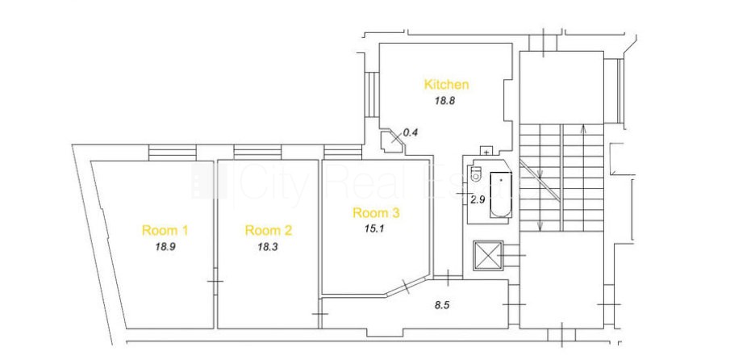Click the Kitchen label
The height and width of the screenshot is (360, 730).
pos(446,85)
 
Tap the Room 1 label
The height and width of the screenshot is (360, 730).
pos(165,230)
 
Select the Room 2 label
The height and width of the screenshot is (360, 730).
pos(268,230)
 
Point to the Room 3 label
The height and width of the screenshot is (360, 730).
pos(376,213)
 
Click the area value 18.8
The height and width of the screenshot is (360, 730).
pos(444,101)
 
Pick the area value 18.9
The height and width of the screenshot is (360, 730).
pos(165,247)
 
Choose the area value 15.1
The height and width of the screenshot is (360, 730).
pos(375,229)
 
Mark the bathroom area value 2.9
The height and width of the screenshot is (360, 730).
pos(478,200)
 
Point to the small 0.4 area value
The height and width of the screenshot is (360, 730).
pos(411,132)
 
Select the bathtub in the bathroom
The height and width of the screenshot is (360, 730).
pos(501,195)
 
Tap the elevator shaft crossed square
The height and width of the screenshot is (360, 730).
pos(487,255)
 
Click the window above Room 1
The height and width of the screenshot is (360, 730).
pos(173,153)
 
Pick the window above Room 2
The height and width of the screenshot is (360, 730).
pos(258,153)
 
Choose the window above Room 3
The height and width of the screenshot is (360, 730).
pos(343,153)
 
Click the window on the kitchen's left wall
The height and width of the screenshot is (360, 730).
pos(372,94)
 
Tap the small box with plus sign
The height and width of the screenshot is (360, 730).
pos(486,151)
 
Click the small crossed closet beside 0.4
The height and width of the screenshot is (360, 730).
pos(393,140)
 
